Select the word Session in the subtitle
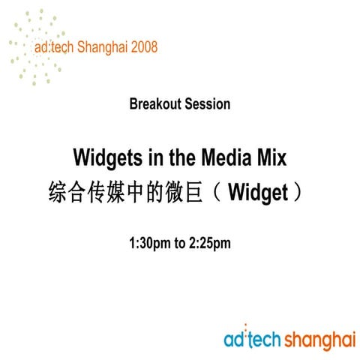pos(205,104)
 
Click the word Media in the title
pos(225,158)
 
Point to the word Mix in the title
pos(270,158)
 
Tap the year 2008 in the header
pos(142,47)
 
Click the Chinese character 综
pos(56,193)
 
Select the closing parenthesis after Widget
pos(298,193)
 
